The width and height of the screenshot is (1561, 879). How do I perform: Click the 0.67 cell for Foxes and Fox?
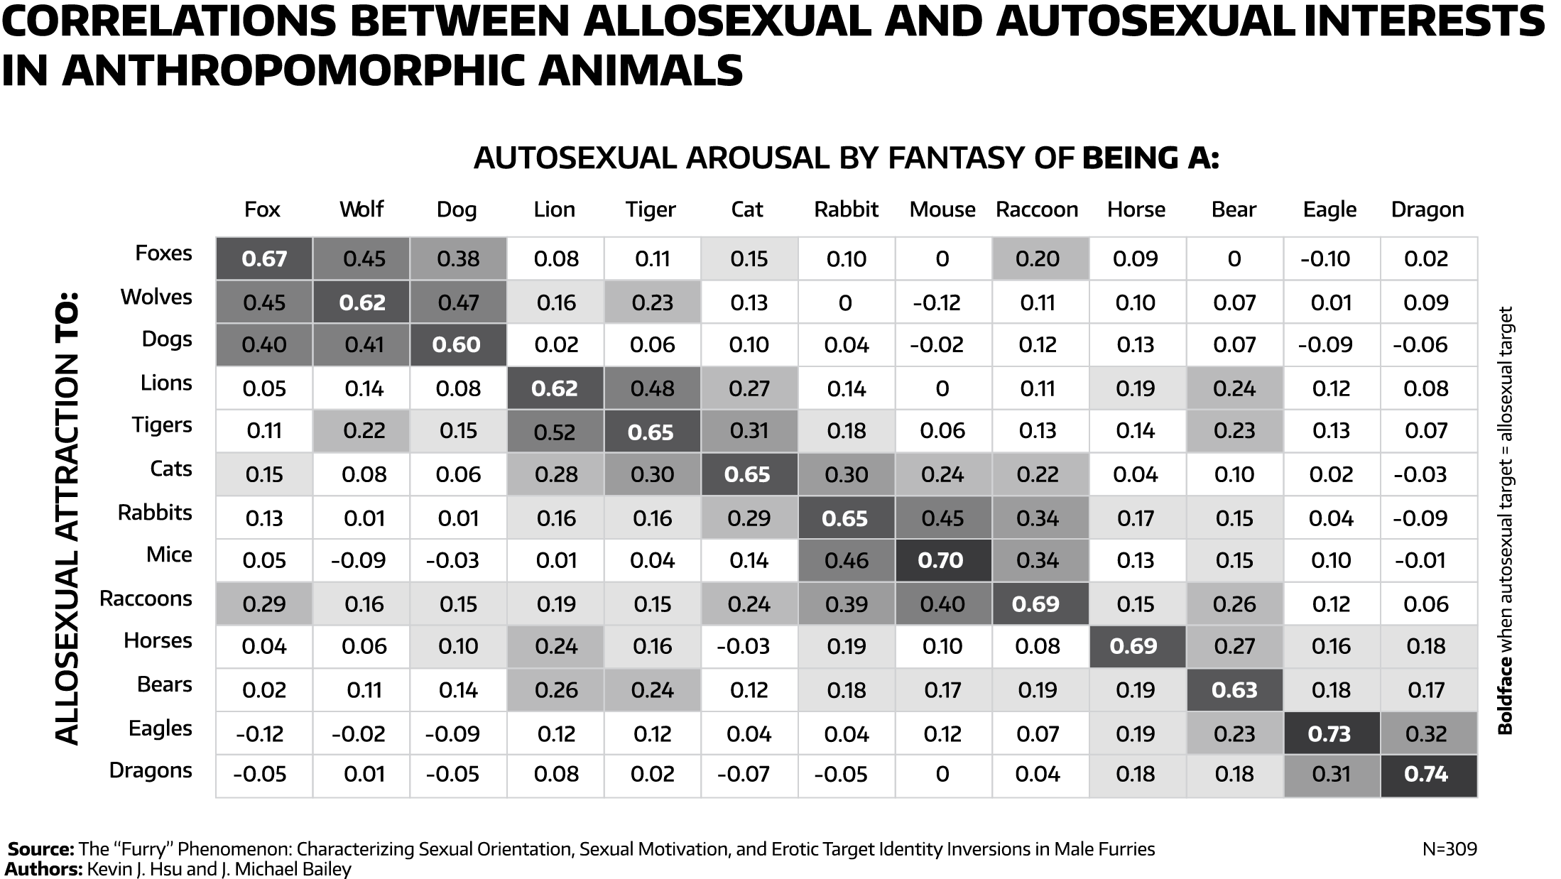[264, 259]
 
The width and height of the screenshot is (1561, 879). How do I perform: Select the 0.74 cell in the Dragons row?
[1426, 774]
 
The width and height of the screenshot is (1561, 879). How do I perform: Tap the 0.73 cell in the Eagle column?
[1329, 733]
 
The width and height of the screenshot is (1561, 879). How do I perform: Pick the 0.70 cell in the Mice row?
[940, 561]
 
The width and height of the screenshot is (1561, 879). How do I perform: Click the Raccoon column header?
[1037, 209]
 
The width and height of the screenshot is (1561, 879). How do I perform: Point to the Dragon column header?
[1427, 209]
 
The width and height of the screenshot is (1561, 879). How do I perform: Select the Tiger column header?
[651, 209]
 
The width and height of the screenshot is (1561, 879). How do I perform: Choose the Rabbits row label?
[155, 513]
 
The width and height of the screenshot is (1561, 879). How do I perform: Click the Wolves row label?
[156, 297]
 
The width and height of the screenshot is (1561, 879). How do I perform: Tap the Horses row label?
[158, 641]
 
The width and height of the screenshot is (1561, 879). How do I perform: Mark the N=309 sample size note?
[1449, 849]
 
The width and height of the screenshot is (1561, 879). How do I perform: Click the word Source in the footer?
[40, 849]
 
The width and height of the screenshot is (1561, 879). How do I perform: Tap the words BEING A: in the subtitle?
[1150, 158]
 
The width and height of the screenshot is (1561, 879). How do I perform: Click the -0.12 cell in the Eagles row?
[260, 733]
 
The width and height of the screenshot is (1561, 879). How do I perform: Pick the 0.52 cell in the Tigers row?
[555, 432]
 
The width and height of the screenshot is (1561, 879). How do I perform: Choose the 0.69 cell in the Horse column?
[1133, 646]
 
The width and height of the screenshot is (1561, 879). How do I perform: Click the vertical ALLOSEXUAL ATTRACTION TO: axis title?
[67, 518]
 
